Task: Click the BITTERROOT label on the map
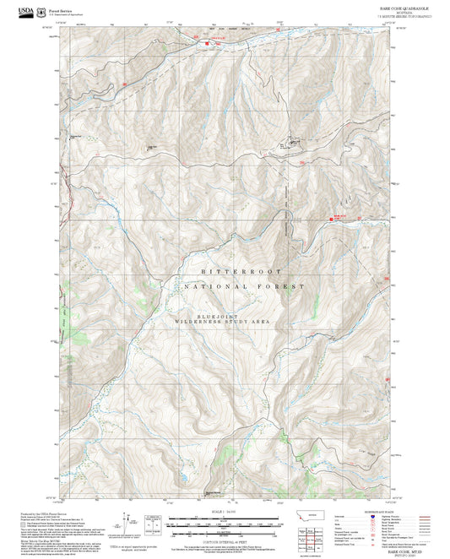tap(226, 271)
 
